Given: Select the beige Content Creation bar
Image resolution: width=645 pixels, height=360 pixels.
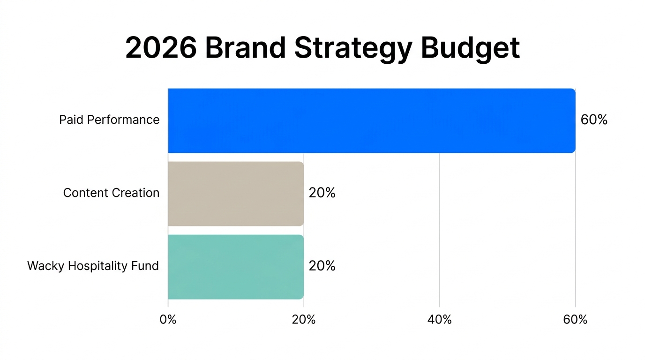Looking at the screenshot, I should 236,194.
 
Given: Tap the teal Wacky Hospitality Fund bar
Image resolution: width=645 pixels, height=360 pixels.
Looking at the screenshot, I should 236,267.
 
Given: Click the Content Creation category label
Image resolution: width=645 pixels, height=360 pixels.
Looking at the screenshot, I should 111,193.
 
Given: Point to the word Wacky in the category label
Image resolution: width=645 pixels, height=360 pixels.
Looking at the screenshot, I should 46,266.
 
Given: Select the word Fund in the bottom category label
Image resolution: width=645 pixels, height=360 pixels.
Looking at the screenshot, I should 146,266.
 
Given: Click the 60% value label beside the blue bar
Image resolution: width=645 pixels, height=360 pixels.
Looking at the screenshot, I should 594,120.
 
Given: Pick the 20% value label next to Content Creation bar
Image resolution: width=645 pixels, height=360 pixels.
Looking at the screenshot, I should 322,193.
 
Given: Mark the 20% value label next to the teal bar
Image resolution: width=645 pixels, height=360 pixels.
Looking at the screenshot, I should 322,266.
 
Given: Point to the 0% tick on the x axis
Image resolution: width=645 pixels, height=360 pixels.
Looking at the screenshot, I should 168,320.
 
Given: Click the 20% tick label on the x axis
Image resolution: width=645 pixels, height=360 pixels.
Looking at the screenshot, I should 303,320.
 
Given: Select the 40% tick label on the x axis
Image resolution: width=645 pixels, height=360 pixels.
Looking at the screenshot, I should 439,320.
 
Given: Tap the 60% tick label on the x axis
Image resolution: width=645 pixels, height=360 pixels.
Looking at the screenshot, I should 575,320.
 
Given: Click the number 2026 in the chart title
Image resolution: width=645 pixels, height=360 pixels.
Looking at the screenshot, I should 161,48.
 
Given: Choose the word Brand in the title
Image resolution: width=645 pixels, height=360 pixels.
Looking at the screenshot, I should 245,48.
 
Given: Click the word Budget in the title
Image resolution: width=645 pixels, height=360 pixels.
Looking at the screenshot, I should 470,48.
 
